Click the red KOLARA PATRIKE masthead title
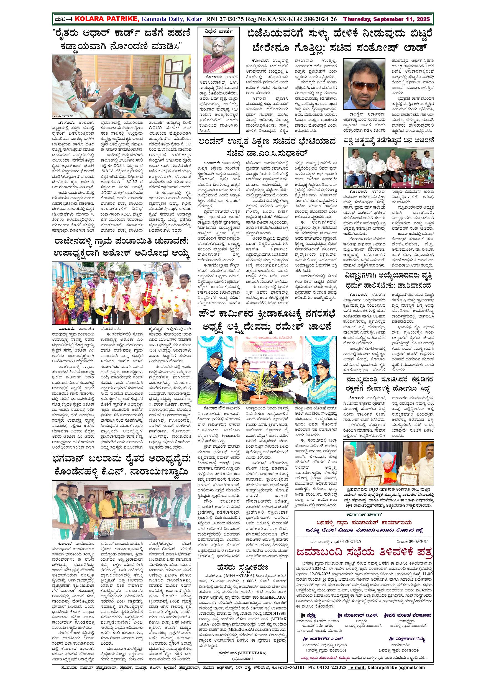pos(107,19)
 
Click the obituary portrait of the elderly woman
pos(218,55)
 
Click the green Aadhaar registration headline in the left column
pos(121,41)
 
